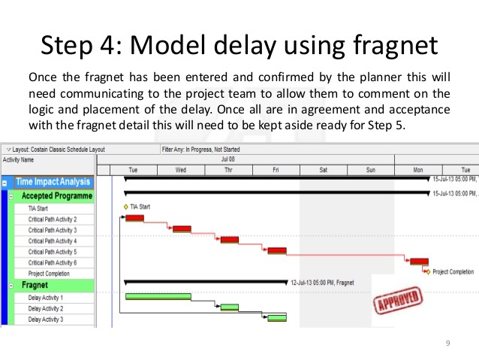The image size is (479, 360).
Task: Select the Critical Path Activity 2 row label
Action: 53,219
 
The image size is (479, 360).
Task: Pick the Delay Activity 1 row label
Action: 46,298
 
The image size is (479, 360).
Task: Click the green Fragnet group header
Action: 35,286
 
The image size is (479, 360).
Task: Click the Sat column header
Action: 323,170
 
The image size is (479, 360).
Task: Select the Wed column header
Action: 181,170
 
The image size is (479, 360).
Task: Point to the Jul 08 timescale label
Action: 229,159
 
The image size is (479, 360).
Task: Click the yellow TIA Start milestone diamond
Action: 125,207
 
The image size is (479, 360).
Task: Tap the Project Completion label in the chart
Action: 453,271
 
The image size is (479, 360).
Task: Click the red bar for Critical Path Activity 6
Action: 417,261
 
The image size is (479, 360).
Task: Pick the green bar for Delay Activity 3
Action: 277,318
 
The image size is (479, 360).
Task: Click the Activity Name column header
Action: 19,159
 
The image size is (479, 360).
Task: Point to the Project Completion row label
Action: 49,274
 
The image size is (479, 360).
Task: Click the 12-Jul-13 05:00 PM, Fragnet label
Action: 322,283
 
